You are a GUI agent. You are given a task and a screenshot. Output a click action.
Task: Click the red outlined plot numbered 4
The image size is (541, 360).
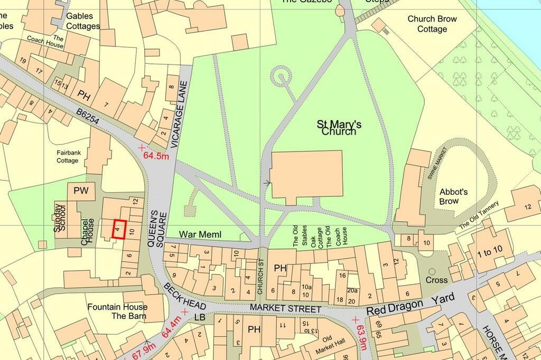point(120,230)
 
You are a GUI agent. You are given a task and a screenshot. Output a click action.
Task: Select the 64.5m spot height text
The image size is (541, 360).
point(157,156)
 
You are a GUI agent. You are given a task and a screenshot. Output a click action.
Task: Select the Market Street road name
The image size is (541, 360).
point(285,308)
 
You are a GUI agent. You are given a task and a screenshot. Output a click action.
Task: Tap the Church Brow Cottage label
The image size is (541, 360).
point(432,24)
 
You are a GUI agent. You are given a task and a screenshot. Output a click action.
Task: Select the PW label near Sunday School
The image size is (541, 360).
point(81,190)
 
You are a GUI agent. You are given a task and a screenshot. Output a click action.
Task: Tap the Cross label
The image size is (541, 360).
point(436,280)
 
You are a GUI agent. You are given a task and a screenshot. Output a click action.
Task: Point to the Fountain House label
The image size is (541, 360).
point(117,307)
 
